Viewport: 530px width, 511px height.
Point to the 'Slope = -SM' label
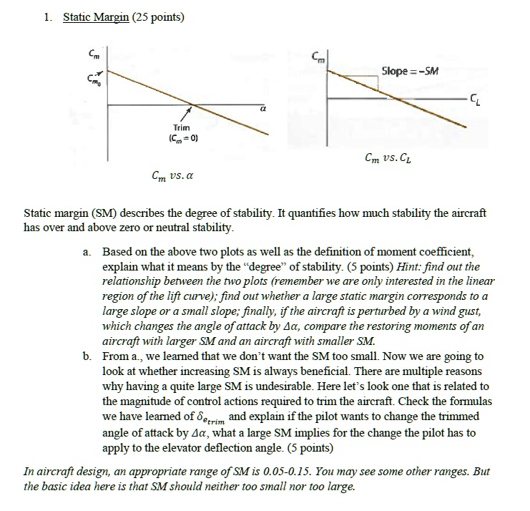tap(410, 71)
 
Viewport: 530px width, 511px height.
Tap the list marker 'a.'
tap(87, 253)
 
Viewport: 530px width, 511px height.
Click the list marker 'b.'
tap(87, 356)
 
